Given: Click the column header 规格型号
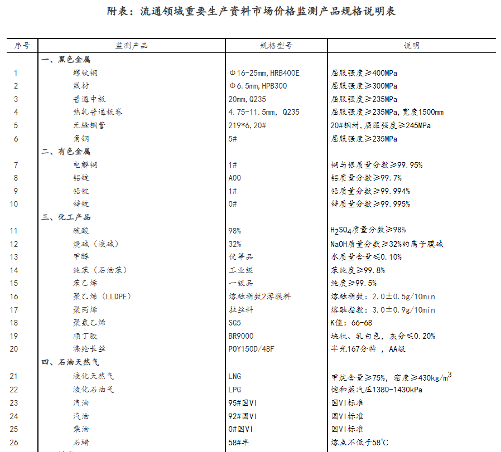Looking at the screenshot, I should tap(276, 46).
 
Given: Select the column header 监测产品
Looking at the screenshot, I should tap(132, 46).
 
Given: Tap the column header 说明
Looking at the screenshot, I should tap(411, 46).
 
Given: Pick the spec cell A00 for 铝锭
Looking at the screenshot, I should tap(235, 178).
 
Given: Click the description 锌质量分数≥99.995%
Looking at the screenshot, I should tap(370, 204).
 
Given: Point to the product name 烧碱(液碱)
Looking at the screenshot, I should tap(95, 244).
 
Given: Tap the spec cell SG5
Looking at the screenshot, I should tap(235, 323).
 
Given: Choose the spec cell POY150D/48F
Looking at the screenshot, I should tap(252, 349).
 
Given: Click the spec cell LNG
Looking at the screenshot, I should tap(235, 376).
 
